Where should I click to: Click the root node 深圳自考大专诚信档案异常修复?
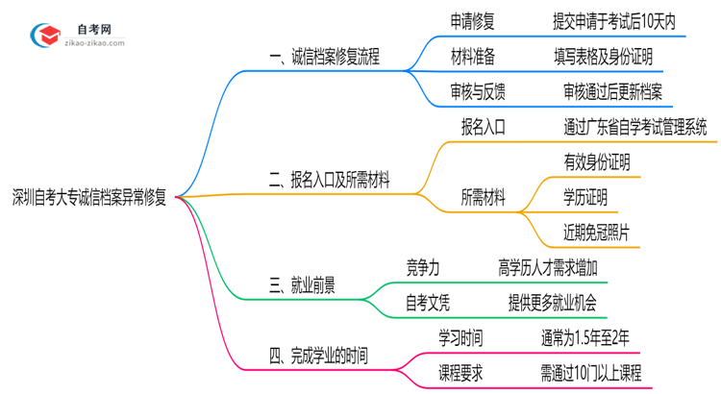(x=89, y=199)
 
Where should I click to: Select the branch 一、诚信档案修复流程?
(x=324, y=57)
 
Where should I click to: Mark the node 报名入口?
(x=484, y=127)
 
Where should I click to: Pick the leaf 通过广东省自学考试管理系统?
(x=635, y=127)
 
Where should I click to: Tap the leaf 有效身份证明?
(x=597, y=162)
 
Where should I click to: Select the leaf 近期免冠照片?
(x=597, y=234)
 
